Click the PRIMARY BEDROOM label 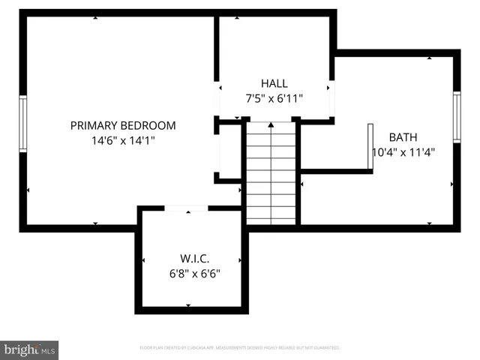click(x=123, y=126)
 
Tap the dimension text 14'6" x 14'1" click(x=123, y=140)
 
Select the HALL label click(x=274, y=84)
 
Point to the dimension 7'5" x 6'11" click(x=274, y=98)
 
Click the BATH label click(x=404, y=137)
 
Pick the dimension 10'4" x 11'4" click(x=404, y=151)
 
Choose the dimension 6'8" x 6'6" click(x=193, y=274)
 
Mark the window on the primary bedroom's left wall click(x=23, y=124)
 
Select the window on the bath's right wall click(x=456, y=116)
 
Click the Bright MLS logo click(x=29, y=349)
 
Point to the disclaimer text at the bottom click(x=240, y=348)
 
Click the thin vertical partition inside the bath click(x=370, y=146)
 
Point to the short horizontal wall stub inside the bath click(x=335, y=171)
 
